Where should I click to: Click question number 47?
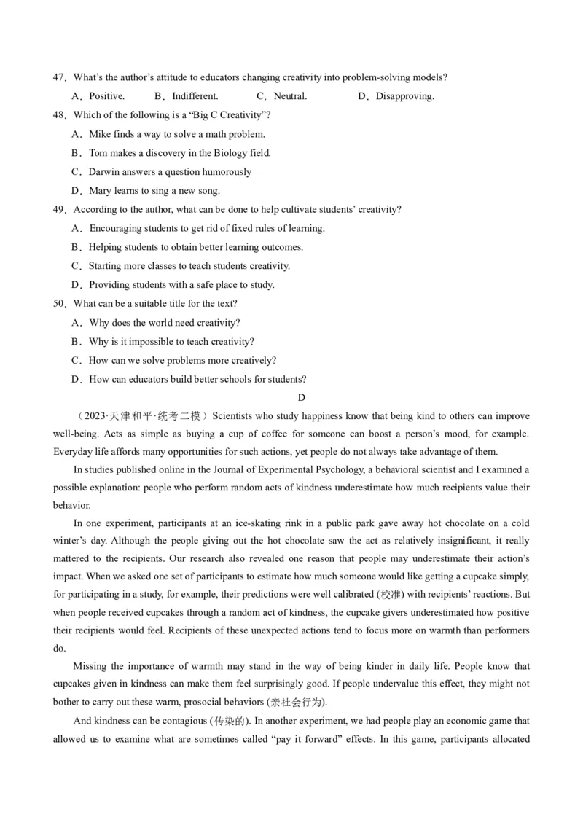click(x=59, y=77)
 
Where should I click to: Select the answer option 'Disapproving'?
click(x=404, y=96)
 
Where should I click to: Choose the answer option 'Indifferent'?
click(x=195, y=96)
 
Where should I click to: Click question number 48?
click(x=59, y=115)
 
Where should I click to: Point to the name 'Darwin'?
click(x=105, y=172)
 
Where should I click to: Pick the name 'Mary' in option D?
click(x=101, y=191)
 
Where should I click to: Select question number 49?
click(x=59, y=210)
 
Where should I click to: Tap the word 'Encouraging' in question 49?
click(x=117, y=228)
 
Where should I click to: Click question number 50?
click(x=59, y=304)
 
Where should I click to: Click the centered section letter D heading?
click(x=301, y=397)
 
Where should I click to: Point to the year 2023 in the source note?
click(x=94, y=416)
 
